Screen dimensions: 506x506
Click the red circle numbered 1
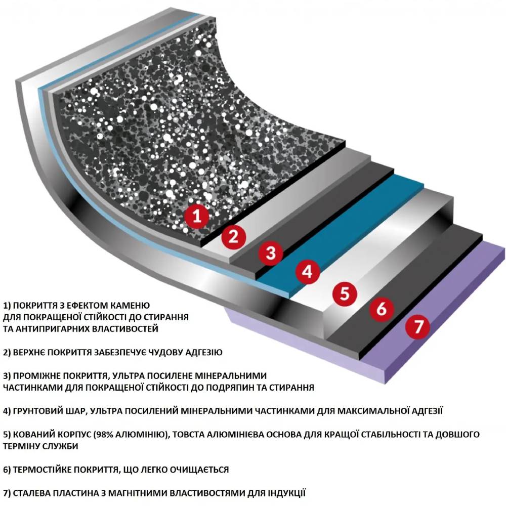(x=197, y=216)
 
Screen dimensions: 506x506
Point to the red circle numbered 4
(x=307, y=272)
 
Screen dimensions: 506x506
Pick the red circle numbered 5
(x=345, y=293)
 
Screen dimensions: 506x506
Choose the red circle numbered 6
(x=382, y=309)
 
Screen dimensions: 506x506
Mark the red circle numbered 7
(x=418, y=326)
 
